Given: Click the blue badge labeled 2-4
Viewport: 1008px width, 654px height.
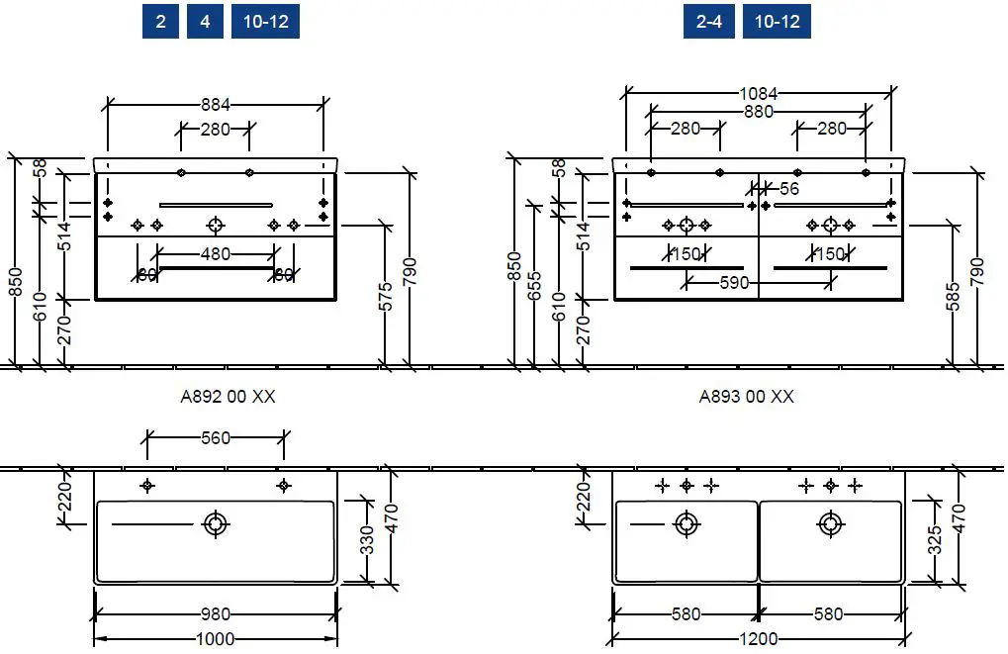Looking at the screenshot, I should tap(708, 21).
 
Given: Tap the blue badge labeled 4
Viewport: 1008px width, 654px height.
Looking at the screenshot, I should tap(205, 21).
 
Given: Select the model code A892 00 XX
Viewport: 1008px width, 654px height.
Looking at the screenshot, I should tap(228, 397).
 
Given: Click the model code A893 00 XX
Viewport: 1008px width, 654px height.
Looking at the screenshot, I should tap(746, 397).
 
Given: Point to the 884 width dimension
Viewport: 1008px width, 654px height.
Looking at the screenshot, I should tap(216, 104).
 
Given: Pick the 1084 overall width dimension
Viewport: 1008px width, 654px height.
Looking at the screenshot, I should tap(758, 94).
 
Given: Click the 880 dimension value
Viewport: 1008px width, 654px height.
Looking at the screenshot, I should tap(758, 112).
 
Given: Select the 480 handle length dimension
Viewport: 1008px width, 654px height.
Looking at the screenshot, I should tap(215, 254).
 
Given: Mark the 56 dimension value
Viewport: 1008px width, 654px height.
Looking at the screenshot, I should tap(789, 188).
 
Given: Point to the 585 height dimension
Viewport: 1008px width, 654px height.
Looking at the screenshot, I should tap(953, 297).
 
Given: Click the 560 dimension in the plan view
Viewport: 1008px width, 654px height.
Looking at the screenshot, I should tap(215, 438).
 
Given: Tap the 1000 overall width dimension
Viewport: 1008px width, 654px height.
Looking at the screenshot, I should tap(215, 639).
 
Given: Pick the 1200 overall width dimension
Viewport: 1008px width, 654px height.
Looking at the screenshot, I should tap(758, 639).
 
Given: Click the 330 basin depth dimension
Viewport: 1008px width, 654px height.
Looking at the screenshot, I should tap(366, 541).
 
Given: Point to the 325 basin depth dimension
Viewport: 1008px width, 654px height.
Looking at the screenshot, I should tap(935, 541).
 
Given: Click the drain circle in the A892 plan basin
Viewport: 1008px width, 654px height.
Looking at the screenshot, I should tap(215, 524).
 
